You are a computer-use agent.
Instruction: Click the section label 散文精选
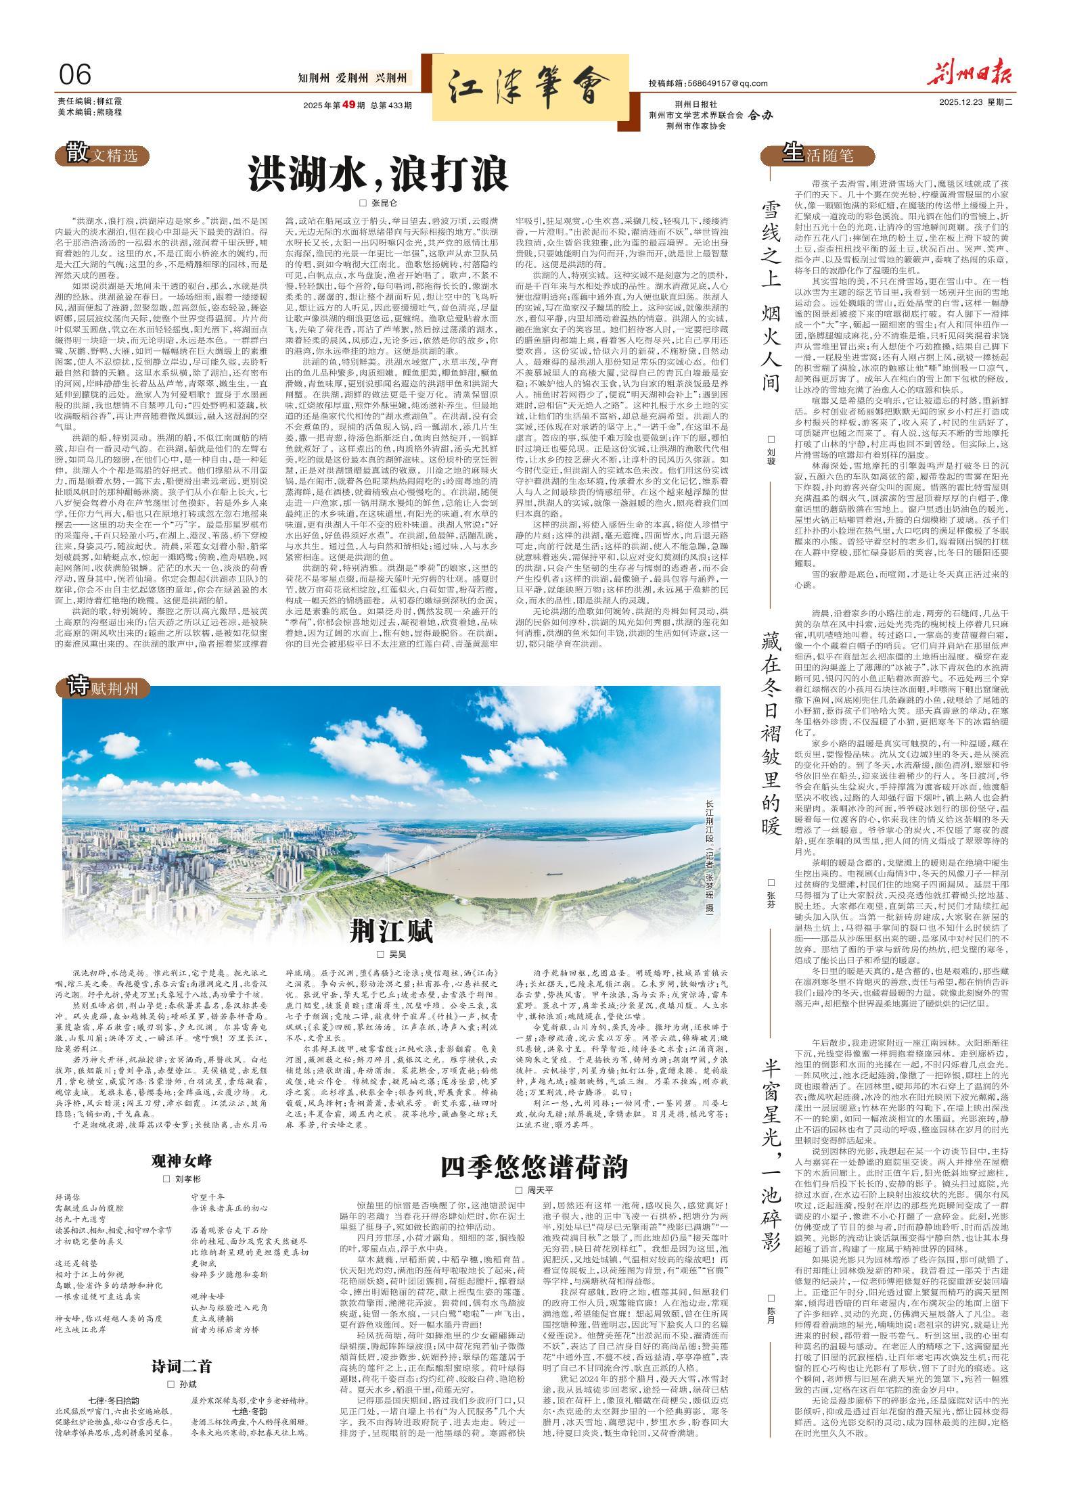click(103, 155)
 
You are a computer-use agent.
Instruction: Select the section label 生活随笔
click(818, 156)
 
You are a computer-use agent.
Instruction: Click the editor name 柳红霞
click(109, 101)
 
